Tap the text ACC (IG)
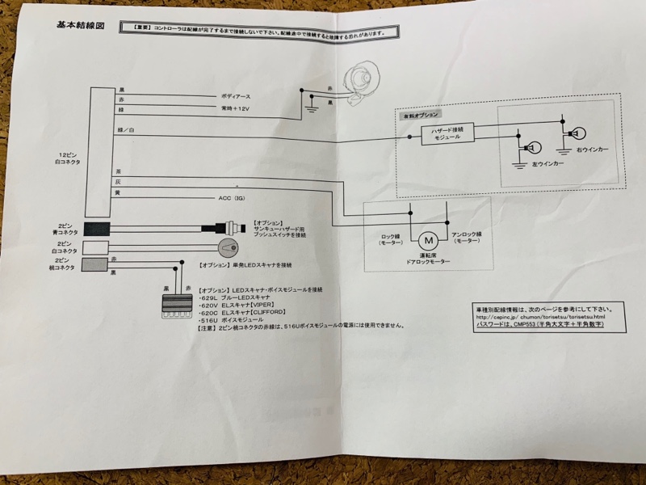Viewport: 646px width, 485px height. (x=234, y=197)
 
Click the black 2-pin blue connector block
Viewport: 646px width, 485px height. (x=99, y=228)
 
